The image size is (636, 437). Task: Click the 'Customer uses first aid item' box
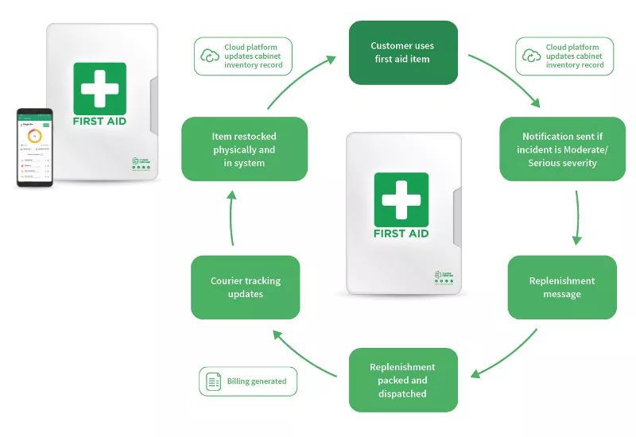tap(403, 52)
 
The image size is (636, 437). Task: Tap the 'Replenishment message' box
tap(562, 287)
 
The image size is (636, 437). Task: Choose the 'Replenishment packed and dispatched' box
tap(403, 380)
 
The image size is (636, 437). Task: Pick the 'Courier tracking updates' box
tap(245, 287)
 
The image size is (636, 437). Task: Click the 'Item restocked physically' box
tap(244, 149)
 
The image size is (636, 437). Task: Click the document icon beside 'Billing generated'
tap(213, 381)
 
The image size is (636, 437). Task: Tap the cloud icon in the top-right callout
tap(531, 56)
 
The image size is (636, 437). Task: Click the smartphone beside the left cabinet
tap(34, 148)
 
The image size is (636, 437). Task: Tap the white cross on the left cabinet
tap(99, 88)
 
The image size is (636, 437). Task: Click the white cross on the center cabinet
tap(401, 199)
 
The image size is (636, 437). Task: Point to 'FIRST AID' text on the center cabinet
tap(401, 234)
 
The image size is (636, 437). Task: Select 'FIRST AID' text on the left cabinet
tap(99, 122)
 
